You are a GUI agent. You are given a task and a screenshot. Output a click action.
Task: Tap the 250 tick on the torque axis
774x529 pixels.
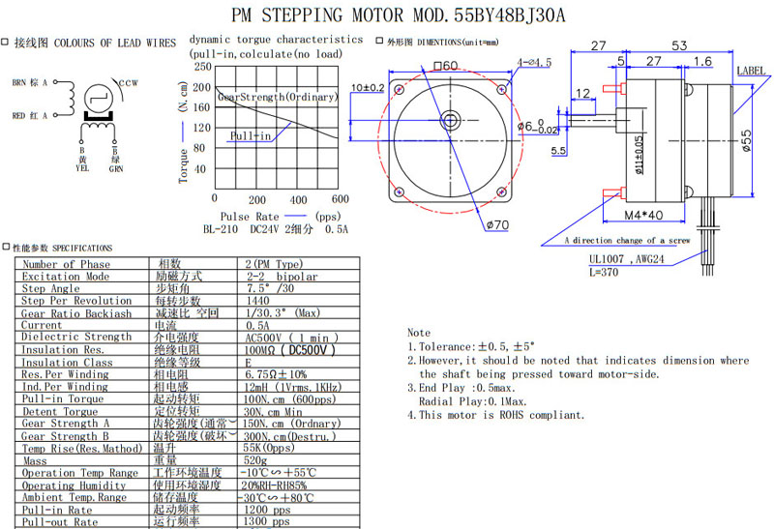(201, 67)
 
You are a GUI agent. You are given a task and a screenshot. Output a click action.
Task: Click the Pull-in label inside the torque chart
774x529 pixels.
(251, 136)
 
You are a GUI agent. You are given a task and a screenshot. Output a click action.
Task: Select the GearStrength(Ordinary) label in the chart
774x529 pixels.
(277, 97)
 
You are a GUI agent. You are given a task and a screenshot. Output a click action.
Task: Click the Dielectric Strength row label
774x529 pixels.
(76, 337)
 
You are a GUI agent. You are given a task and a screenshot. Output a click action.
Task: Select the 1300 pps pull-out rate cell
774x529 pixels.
(268, 522)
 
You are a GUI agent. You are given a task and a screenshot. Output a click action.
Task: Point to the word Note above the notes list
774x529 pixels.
(419, 333)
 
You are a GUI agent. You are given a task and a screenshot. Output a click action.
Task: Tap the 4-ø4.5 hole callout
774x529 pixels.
(534, 63)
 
